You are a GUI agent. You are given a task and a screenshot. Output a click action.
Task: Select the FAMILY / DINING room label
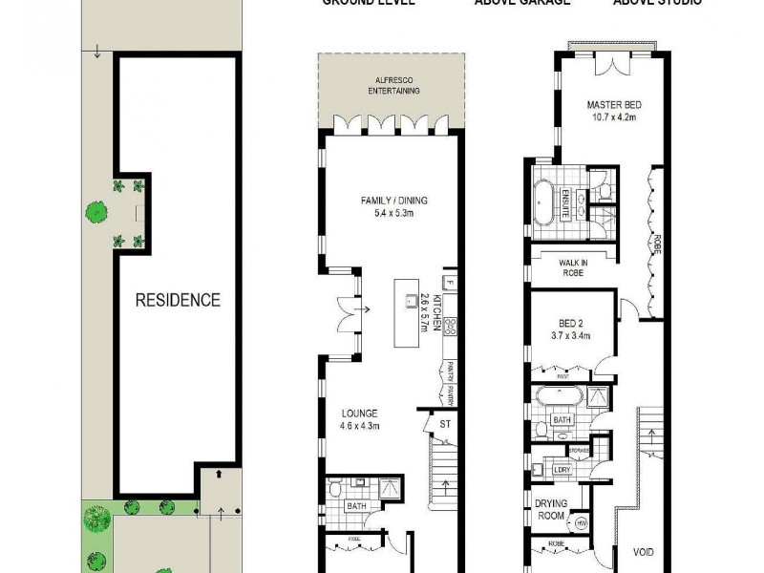click(393, 201)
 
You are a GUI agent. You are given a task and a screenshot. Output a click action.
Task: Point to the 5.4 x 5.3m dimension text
click(393, 213)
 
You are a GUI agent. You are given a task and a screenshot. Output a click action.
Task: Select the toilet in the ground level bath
click(333, 490)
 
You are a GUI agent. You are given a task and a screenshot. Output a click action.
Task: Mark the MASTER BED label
click(611, 103)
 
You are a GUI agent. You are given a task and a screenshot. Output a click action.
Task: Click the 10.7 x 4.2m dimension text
click(611, 118)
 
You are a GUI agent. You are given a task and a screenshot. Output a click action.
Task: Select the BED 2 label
click(573, 323)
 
